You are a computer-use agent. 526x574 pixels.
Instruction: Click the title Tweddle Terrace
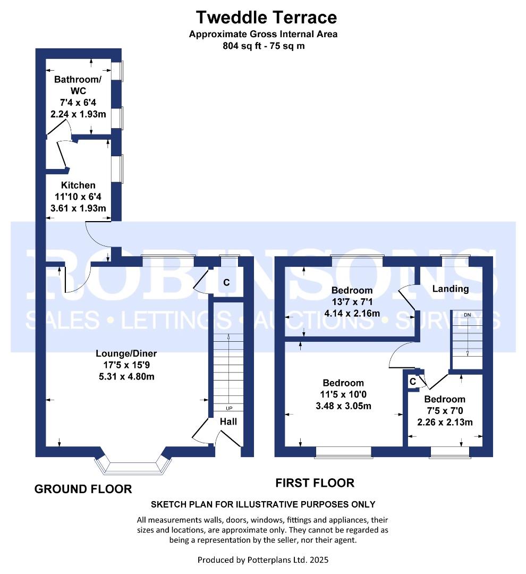pos(266,17)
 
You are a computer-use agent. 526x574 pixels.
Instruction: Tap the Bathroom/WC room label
pos(78,85)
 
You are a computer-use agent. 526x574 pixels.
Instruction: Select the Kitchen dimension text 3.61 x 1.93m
pos(78,208)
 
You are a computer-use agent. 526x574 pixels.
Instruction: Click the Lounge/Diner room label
pos(126,353)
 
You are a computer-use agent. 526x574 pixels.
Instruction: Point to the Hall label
pos(228,421)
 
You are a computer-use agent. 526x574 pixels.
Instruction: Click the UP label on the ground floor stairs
pos(229,408)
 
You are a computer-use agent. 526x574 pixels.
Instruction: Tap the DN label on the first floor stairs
pos(467,315)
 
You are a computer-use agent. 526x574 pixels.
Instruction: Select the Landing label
pos(450,289)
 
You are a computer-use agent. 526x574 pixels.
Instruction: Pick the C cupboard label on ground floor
pos(226,283)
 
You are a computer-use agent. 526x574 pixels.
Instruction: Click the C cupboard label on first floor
pos(412,381)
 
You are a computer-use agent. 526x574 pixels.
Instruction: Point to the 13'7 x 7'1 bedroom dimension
pos(352,302)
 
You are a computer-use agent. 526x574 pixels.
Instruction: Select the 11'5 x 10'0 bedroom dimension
pos(343,394)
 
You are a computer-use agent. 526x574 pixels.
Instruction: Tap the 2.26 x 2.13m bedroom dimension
pos(445,423)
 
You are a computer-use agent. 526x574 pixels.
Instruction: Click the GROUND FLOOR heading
pos(83,489)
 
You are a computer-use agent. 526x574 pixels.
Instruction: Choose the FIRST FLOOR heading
pos(315,483)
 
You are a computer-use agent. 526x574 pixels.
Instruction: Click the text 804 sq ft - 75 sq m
pos(264,46)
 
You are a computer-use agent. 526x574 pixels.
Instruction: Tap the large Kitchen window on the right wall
pos(117,169)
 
